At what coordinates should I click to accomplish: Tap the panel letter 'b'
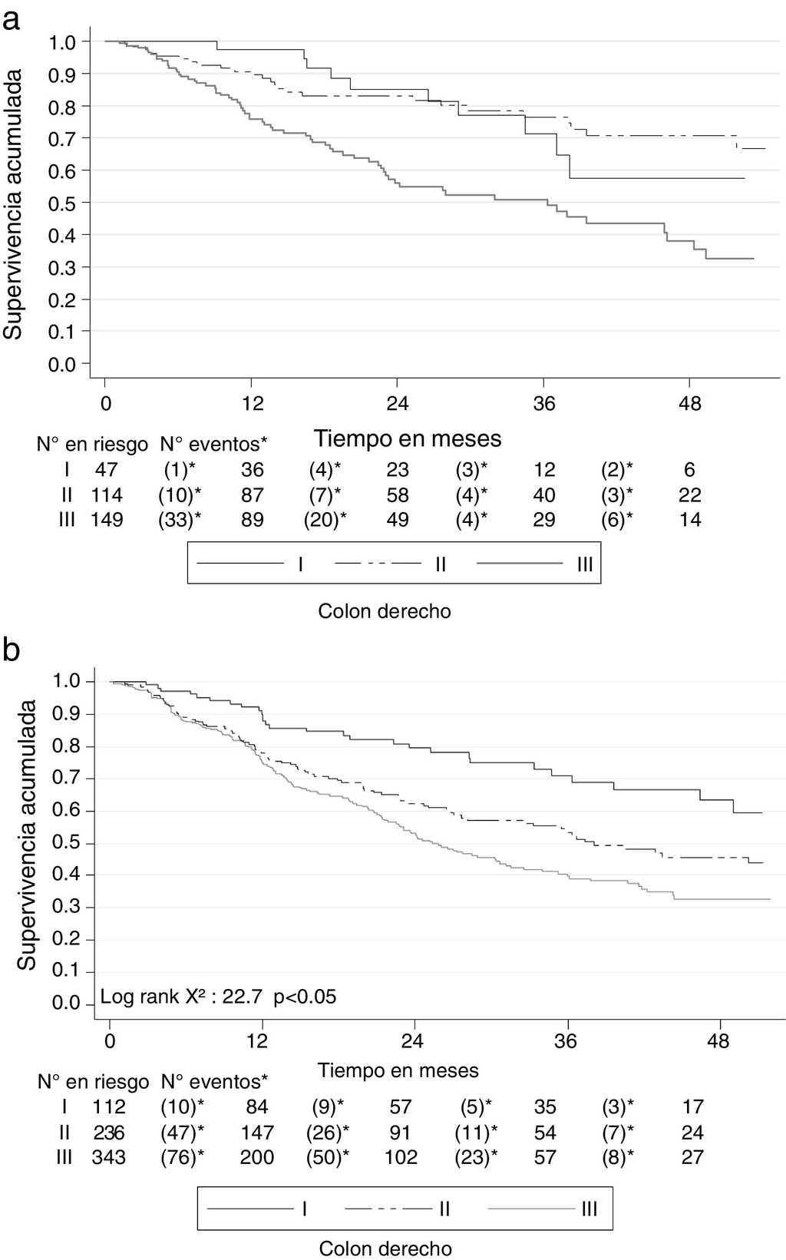(x=12, y=650)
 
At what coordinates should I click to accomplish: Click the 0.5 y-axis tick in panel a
(x=62, y=203)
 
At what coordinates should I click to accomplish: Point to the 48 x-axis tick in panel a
(x=689, y=403)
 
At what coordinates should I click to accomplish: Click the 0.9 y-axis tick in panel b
(x=67, y=714)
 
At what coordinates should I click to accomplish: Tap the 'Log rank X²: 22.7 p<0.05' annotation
(x=218, y=997)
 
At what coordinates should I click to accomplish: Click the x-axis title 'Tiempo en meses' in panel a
(x=407, y=438)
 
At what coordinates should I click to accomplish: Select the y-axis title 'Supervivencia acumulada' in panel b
(x=27, y=835)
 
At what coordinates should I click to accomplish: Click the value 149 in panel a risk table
(x=107, y=520)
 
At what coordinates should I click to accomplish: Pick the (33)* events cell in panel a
(x=180, y=520)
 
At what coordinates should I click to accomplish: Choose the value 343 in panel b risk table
(x=108, y=1157)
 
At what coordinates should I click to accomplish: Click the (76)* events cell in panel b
(x=183, y=1157)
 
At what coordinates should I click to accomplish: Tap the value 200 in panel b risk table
(x=256, y=1157)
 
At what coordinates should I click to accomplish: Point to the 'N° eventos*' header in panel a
(x=214, y=444)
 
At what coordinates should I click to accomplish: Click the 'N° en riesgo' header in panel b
(x=93, y=1082)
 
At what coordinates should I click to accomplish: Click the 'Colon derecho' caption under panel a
(x=385, y=611)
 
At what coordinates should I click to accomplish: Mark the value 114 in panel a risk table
(x=107, y=495)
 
